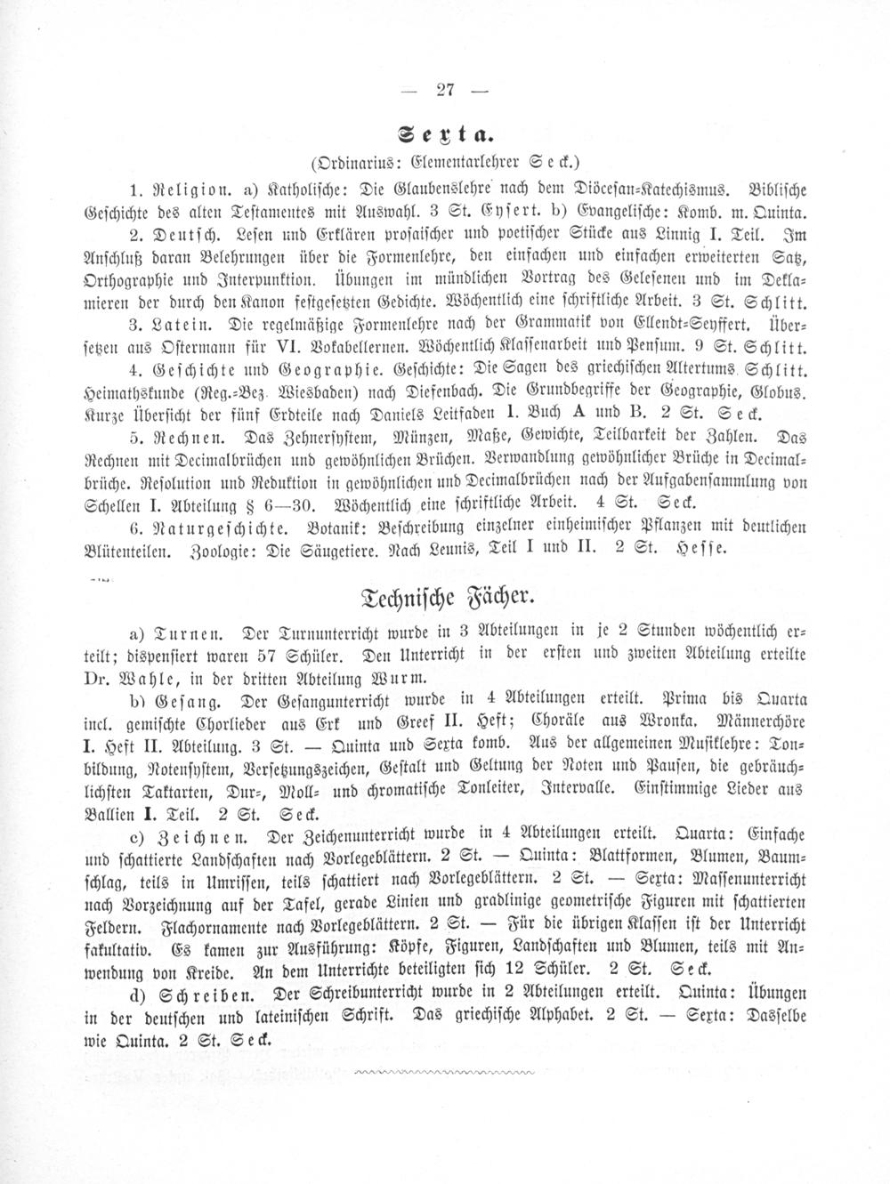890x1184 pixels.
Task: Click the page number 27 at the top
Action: pos(446,88)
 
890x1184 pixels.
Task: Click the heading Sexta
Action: pos(446,135)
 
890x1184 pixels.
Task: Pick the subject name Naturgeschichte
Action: pos(212,528)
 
